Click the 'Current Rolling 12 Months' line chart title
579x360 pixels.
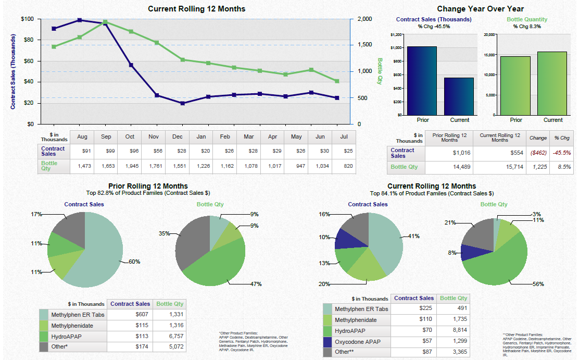pyautogui.click(x=196, y=9)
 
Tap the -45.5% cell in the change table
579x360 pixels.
pyautogui.click(x=562, y=153)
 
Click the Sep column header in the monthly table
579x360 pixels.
pyautogui.click(x=106, y=136)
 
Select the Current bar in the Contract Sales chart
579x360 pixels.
pyautogui.click(x=459, y=96)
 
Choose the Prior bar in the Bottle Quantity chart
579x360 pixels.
pyautogui.click(x=515, y=85)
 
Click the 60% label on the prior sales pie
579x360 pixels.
pyautogui.click(x=134, y=262)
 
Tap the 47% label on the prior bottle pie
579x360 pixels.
pyautogui.click(x=255, y=284)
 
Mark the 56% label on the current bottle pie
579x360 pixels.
pyautogui.click(x=538, y=284)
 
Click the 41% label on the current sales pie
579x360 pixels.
pyautogui.click(x=413, y=236)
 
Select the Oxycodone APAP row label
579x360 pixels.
pyautogui.click(x=358, y=342)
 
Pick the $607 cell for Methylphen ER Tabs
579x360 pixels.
pyautogui.click(x=142, y=315)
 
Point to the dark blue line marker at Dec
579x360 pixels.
pyautogui.click(x=183, y=103)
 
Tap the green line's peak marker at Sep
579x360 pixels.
pyautogui.click(x=105, y=22)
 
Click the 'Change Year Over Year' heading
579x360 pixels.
pyautogui.click(x=480, y=9)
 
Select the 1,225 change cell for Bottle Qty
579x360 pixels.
pyautogui.click(x=538, y=167)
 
